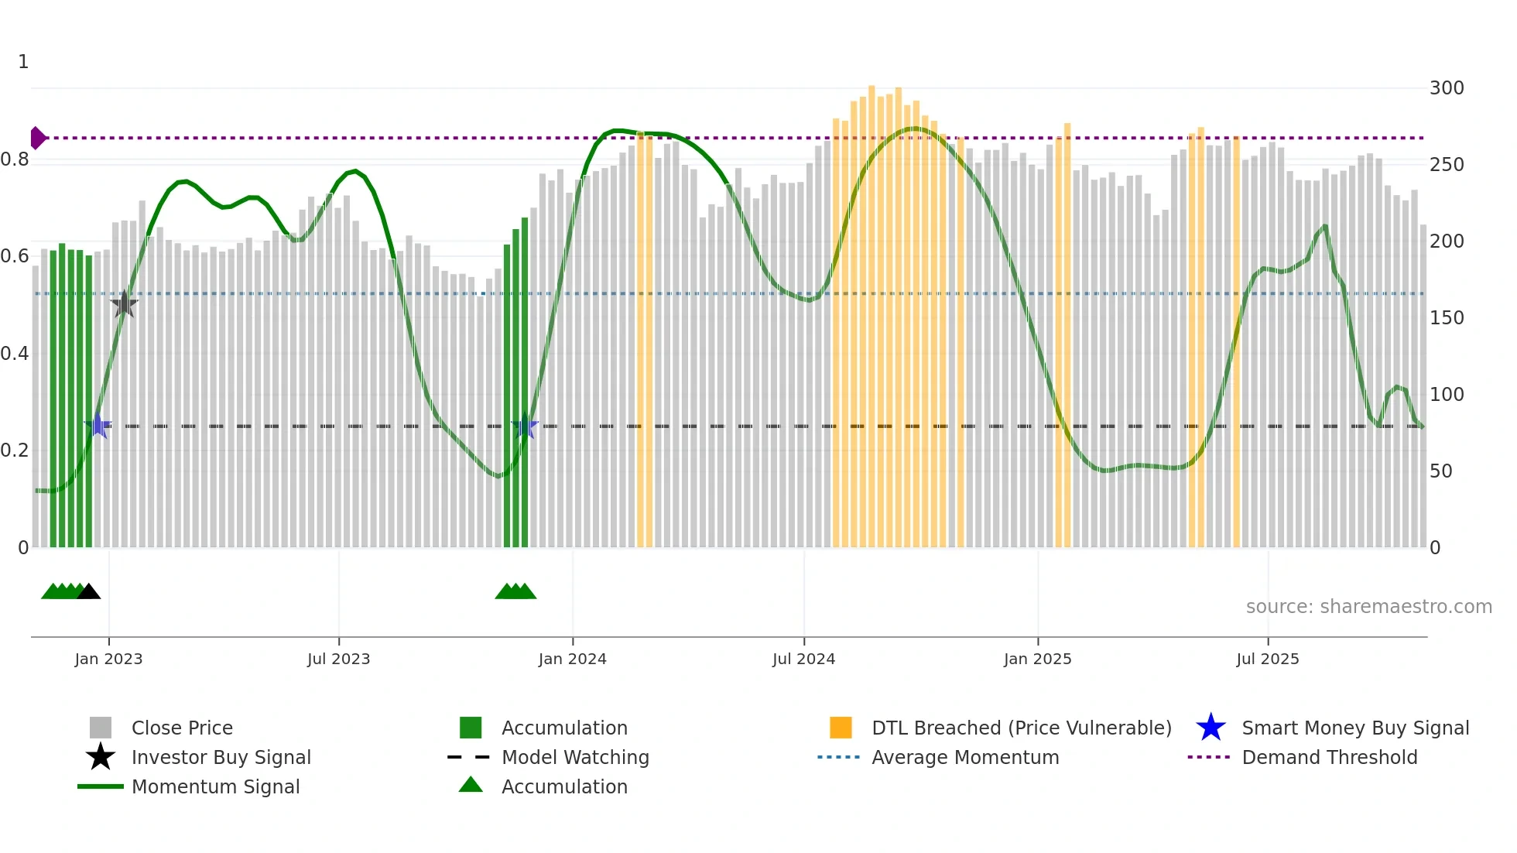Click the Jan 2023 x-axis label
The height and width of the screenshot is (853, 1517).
pyautogui.click(x=108, y=659)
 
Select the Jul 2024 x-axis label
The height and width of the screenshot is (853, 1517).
pyautogui.click(x=803, y=659)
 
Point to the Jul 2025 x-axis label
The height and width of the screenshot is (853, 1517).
pyautogui.click(x=1267, y=659)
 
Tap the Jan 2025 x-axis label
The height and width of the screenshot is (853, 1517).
pyautogui.click(x=1037, y=659)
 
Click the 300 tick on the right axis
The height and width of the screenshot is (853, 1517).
pyautogui.click(x=1446, y=88)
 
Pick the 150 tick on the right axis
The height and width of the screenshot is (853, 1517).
pyautogui.click(x=1446, y=318)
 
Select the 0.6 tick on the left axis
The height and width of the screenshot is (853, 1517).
pyautogui.click(x=15, y=256)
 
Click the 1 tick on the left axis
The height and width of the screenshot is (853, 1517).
pyautogui.click(x=23, y=62)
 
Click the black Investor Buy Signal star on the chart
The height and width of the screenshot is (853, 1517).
pyautogui.click(x=124, y=304)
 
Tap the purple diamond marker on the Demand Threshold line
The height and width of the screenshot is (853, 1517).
pyautogui.click(x=37, y=138)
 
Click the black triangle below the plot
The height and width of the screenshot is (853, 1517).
pyautogui.click(x=89, y=591)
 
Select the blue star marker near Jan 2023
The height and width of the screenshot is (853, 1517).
pyautogui.click(x=98, y=425)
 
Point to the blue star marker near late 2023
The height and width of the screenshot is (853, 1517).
pyautogui.click(x=525, y=425)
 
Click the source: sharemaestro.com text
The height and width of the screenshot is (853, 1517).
pyautogui.click(x=1368, y=607)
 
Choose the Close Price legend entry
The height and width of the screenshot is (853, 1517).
pyautogui.click(x=182, y=728)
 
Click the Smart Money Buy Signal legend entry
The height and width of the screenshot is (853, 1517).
pyautogui.click(x=1354, y=728)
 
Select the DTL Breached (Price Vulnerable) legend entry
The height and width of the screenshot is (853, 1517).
pyautogui.click(x=1021, y=728)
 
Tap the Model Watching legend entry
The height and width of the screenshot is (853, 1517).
pyautogui.click(x=574, y=757)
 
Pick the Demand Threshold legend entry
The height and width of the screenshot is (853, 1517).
pyautogui.click(x=1329, y=757)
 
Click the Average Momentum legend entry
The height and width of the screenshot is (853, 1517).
pyautogui.click(x=964, y=757)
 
